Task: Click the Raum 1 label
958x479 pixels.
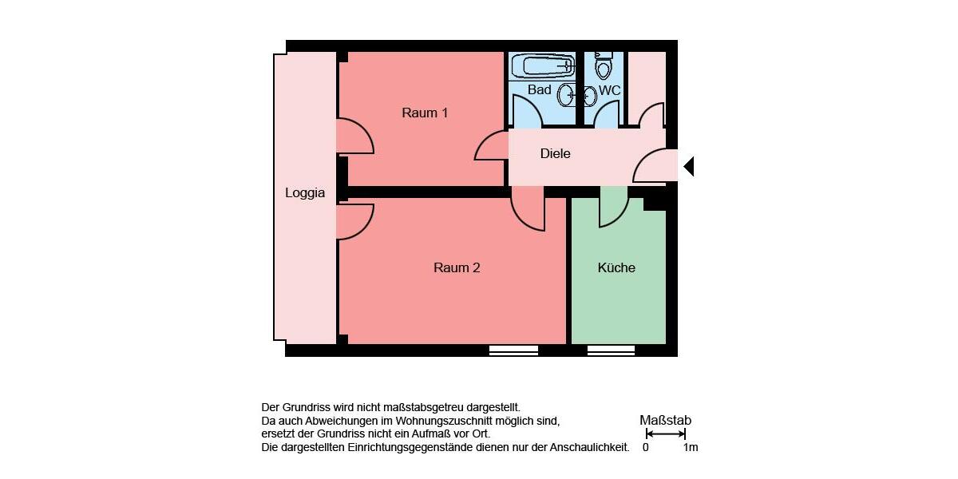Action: click(425, 113)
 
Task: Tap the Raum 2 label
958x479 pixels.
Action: click(457, 267)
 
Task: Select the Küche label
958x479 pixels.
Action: click(616, 267)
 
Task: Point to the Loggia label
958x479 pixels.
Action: click(305, 192)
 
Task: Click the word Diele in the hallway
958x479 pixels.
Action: click(556, 153)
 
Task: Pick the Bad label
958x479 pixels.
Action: click(540, 90)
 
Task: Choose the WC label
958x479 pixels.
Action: click(609, 90)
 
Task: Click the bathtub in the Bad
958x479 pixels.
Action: click(543, 65)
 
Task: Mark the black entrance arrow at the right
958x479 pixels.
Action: click(688, 166)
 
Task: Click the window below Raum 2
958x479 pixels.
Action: click(513, 350)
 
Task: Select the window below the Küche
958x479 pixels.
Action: click(611, 350)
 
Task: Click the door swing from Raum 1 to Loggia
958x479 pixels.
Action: click(354, 137)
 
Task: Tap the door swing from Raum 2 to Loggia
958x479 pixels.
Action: click(354, 221)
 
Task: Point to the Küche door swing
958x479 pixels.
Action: click(613, 207)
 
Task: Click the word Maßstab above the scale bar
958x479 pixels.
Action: click(665, 420)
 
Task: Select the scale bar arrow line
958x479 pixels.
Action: click(665, 433)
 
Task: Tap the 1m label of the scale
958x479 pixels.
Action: click(691, 447)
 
